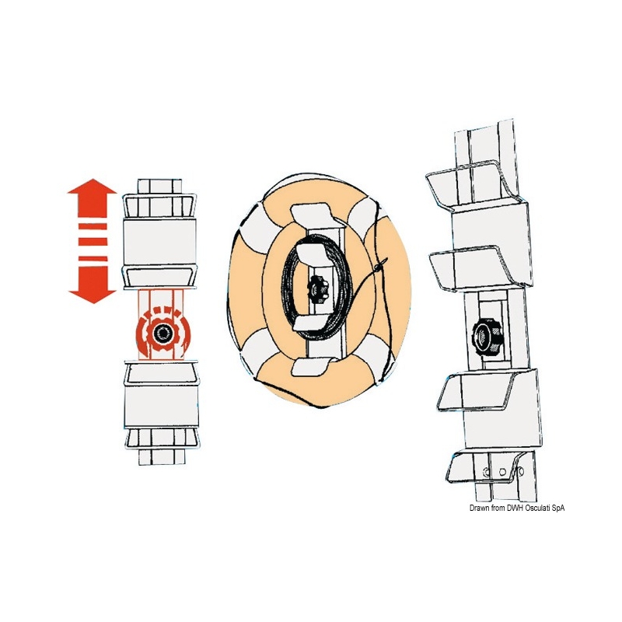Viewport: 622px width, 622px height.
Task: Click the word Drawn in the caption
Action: click(479, 508)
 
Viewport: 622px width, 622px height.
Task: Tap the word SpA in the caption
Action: click(557, 508)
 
